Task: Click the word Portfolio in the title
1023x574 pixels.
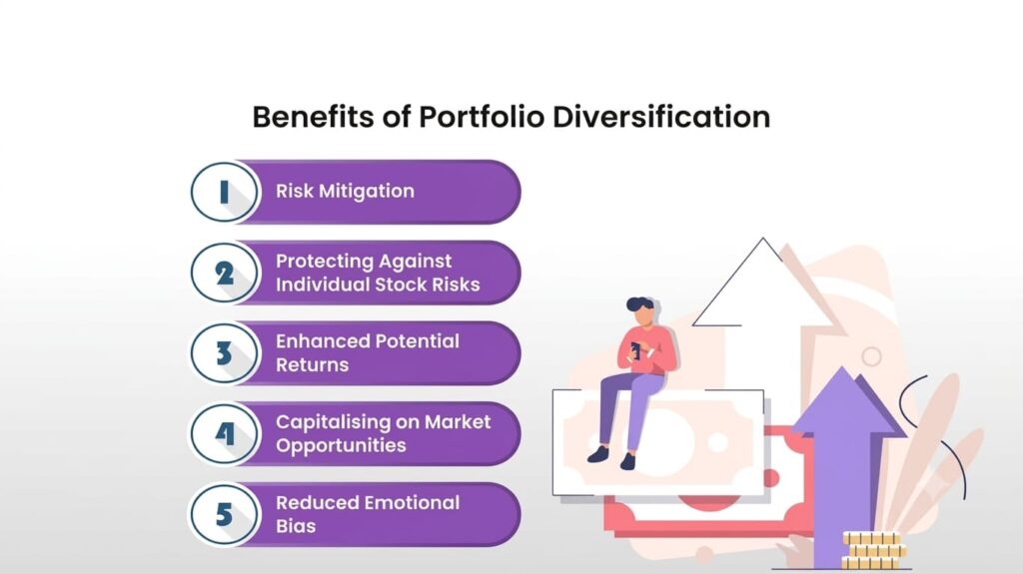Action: (481, 118)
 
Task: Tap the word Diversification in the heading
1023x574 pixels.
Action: (661, 118)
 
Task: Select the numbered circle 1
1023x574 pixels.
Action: (224, 193)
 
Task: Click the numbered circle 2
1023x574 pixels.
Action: (224, 273)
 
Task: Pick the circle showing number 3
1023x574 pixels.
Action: (224, 352)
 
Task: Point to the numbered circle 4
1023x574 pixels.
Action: (224, 434)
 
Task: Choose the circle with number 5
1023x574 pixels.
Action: (224, 515)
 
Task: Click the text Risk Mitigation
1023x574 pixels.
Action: (345, 191)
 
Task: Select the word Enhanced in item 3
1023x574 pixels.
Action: (316, 341)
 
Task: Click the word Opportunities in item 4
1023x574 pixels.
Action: (341, 445)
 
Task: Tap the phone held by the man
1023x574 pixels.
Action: (634, 351)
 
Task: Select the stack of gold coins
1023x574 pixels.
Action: (873, 550)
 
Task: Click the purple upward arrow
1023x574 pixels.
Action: (844, 456)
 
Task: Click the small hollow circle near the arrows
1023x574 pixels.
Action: (871, 356)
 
